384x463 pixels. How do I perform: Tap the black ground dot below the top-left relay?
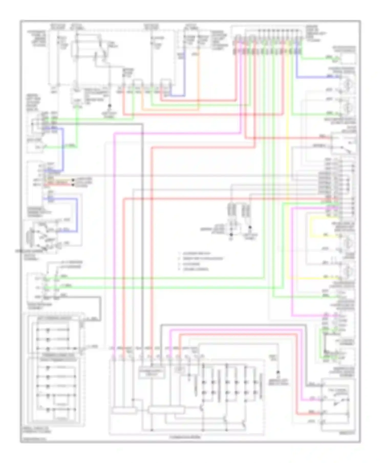110,105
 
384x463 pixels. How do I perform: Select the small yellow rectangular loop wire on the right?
311,227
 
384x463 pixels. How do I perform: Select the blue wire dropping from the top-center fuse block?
185,74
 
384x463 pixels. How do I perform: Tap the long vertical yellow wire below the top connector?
289,154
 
